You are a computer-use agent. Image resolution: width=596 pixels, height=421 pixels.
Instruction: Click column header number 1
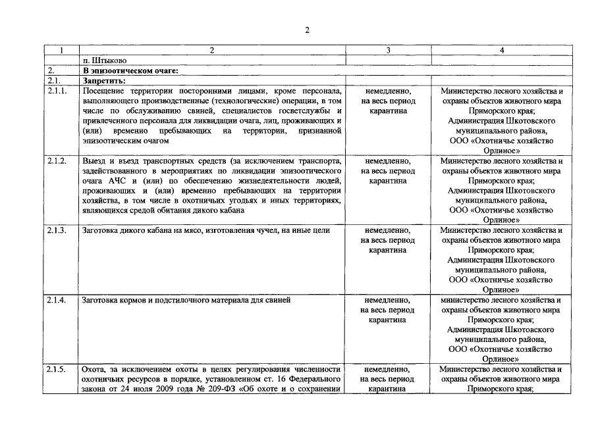click(61, 50)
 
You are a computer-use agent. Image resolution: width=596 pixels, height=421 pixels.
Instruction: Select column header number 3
click(387, 50)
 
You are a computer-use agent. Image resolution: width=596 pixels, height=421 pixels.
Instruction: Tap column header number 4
click(502, 50)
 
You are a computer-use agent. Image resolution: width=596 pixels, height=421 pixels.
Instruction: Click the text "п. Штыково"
click(101, 60)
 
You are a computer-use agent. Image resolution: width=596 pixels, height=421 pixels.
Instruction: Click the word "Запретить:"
click(104, 80)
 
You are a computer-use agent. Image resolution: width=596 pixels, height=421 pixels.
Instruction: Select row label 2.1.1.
click(57, 91)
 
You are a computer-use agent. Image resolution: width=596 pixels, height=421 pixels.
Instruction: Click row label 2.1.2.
click(57, 161)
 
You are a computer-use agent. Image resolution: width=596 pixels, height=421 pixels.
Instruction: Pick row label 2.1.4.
click(57, 300)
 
